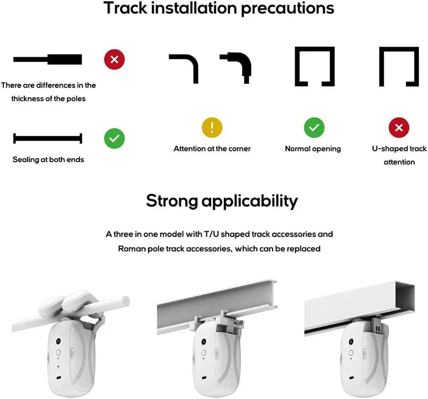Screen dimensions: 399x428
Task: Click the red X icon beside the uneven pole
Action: (x=114, y=60)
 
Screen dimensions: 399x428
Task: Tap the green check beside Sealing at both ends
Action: (x=114, y=139)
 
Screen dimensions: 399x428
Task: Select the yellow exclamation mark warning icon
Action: (x=212, y=128)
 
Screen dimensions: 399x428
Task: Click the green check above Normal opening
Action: (x=314, y=128)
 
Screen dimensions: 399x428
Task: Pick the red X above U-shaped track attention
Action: (x=399, y=128)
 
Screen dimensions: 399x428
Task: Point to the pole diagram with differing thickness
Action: (x=48, y=60)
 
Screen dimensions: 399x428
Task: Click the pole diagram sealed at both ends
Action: (x=48, y=139)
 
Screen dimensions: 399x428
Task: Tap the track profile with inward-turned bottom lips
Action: (x=315, y=66)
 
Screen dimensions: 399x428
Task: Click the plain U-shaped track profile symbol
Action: (x=399, y=66)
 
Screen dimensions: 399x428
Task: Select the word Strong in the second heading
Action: (x=171, y=201)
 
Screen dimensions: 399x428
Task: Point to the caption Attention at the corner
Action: (x=212, y=149)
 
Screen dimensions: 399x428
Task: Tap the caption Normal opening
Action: (x=313, y=149)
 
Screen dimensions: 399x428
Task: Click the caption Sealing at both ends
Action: (x=48, y=160)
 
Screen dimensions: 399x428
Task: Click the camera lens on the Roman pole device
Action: (x=58, y=342)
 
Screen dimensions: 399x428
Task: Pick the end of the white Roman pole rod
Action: (x=125, y=300)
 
